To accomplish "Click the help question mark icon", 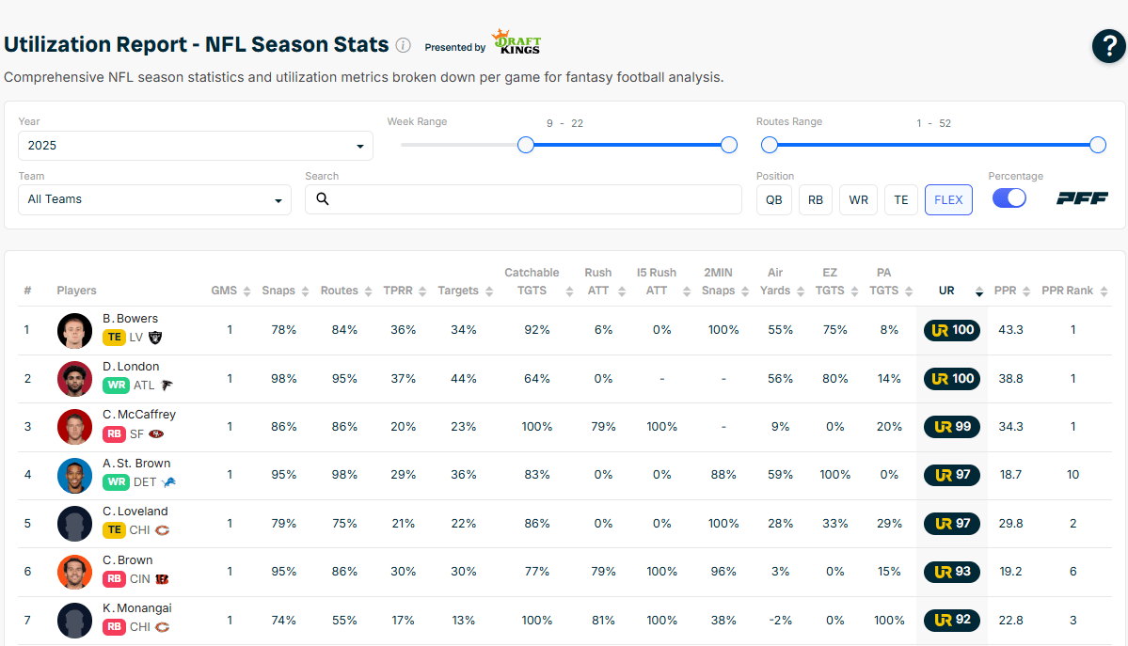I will pos(1108,46).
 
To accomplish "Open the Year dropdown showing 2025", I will pos(196,146).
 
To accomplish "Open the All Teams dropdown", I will pos(154,199).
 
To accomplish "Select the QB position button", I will pos(773,199).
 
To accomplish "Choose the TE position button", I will pos(900,199).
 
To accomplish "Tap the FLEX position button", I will pos(948,199).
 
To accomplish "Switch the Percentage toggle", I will pos(1009,198).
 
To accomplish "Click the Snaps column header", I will pos(278,291).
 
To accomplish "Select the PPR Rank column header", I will pos(1067,291).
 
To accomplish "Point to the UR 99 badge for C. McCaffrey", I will pos(951,427).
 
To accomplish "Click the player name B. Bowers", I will pos(130,319).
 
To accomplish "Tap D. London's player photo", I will pos(74,378).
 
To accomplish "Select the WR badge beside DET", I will pos(115,482).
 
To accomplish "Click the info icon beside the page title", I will pos(403,45).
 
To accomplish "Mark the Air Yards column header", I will pos(775,281).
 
